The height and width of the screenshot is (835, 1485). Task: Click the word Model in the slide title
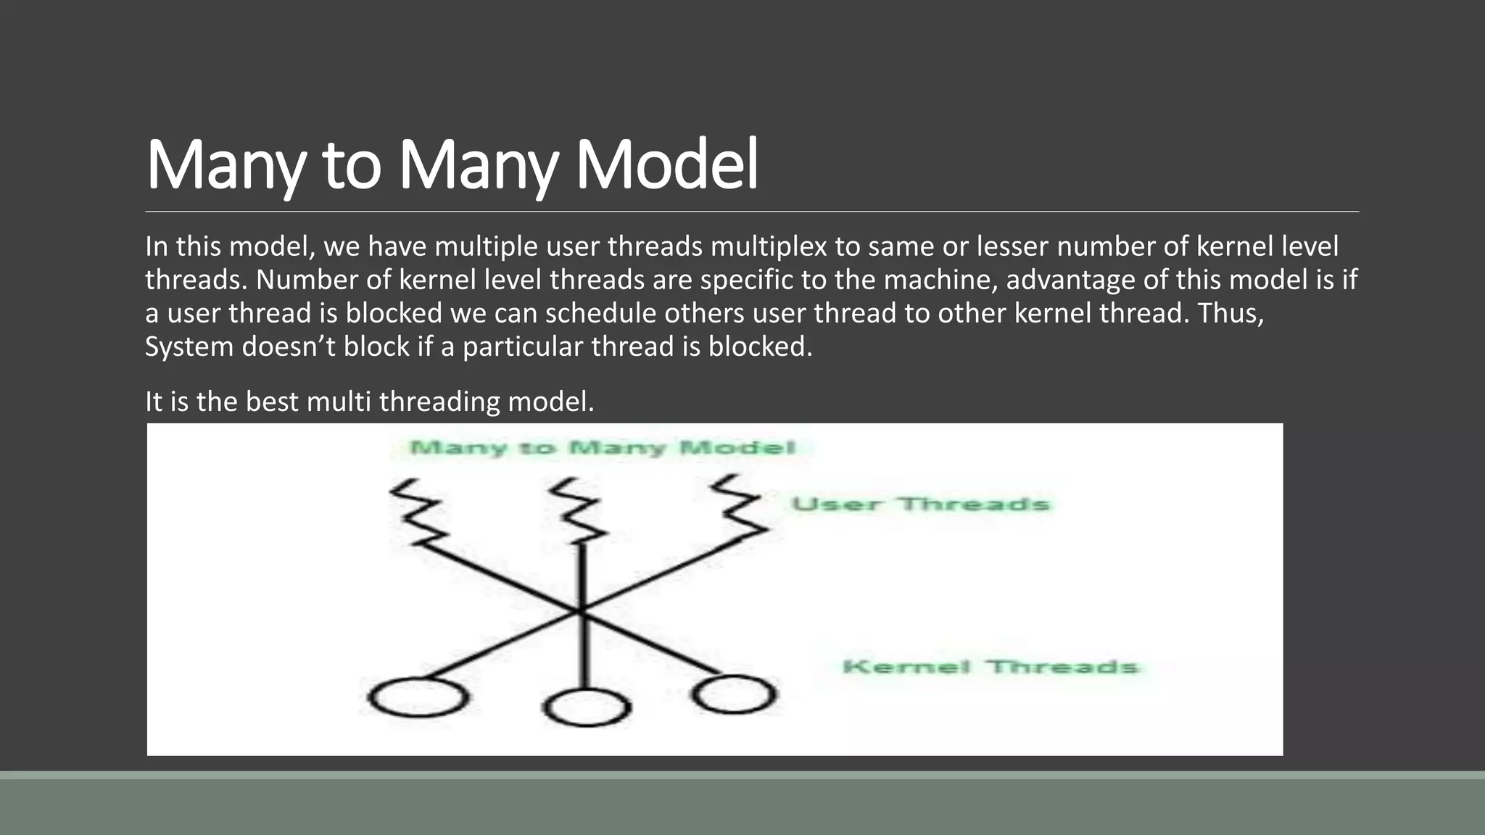[x=666, y=165]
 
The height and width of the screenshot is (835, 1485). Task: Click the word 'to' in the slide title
[x=352, y=165]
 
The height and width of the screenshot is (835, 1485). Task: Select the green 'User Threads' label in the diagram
[x=920, y=504]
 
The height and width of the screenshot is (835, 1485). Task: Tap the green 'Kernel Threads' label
[x=990, y=667]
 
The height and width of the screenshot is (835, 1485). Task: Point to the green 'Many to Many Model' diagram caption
[x=603, y=448]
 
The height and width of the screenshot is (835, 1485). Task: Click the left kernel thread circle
[x=417, y=697]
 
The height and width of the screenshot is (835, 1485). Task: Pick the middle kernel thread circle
[x=586, y=707]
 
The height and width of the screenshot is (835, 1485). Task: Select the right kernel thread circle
[x=734, y=694]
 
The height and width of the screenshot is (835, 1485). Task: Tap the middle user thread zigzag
[x=578, y=510]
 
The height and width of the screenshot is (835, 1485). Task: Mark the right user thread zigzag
[x=738, y=507]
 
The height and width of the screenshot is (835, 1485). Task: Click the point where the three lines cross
[x=581, y=611]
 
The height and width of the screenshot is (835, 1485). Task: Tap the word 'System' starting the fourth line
[x=189, y=346]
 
